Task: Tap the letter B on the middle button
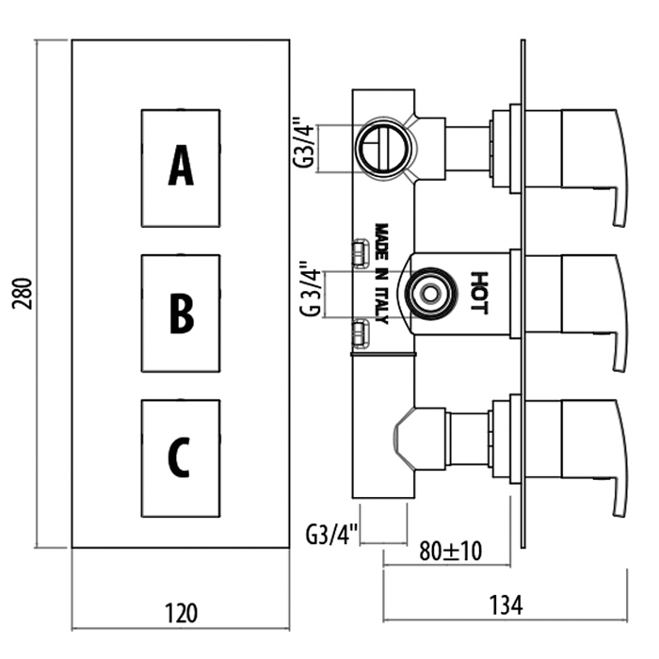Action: click(181, 313)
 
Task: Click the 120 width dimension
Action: click(181, 614)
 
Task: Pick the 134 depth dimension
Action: click(505, 604)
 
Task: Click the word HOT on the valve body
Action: click(479, 292)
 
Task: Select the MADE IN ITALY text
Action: click(382, 273)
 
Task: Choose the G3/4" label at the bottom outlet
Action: click(332, 537)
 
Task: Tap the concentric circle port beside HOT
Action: click(429, 293)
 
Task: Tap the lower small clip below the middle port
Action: click(360, 330)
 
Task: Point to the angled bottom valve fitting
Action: click(412, 439)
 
